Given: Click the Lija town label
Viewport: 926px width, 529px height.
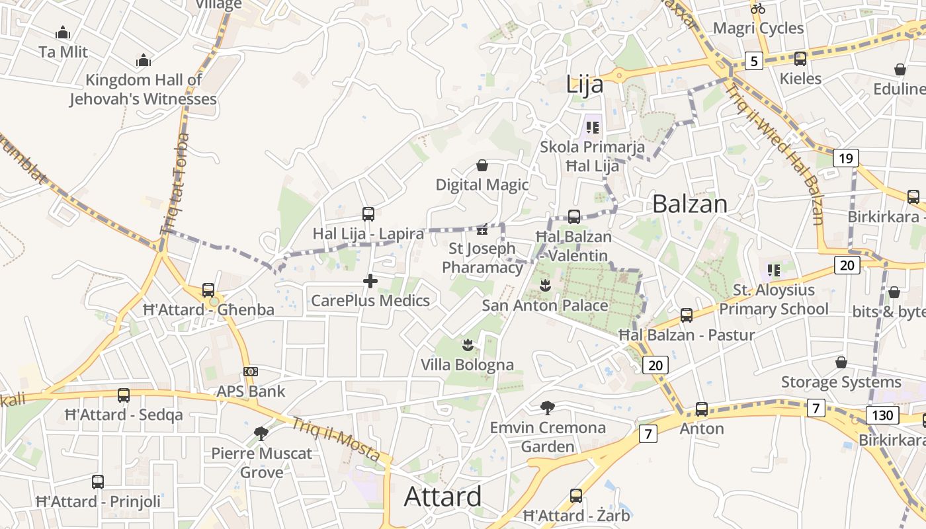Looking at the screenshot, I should (x=585, y=85).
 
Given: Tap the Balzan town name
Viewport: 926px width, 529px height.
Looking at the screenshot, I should (x=689, y=204).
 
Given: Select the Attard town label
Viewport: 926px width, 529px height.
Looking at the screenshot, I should (x=442, y=496).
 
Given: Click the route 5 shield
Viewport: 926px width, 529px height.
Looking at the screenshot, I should (x=753, y=61).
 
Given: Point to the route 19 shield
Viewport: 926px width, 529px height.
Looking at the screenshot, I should (x=845, y=158).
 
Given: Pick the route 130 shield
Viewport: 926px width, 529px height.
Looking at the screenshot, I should (x=882, y=416).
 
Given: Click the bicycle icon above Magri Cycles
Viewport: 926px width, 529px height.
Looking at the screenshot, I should (x=758, y=9).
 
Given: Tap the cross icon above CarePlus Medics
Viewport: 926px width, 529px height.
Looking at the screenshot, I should (x=370, y=282).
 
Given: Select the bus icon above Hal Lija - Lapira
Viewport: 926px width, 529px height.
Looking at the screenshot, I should (x=368, y=214).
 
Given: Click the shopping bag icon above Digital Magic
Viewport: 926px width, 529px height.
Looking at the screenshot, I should (x=482, y=165).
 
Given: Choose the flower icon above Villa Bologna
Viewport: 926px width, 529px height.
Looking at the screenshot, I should (x=468, y=345).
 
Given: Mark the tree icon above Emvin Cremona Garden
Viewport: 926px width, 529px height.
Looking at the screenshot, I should (x=547, y=407).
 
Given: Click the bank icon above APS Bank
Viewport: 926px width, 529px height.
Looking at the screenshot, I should (x=251, y=372).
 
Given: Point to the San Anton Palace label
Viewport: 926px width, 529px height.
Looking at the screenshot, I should (x=544, y=305).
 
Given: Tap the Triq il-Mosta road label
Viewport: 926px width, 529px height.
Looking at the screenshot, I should (x=335, y=441).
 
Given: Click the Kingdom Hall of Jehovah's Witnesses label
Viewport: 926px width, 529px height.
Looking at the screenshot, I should (x=144, y=90).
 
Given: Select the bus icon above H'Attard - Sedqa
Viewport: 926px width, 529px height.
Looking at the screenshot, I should (x=124, y=395).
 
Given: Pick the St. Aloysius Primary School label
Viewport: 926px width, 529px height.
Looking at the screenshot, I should (x=773, y=300).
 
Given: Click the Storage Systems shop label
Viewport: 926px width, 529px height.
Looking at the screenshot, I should (x=841, y=382).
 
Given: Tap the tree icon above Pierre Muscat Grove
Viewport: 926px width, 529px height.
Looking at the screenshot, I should (x=261, y=434).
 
